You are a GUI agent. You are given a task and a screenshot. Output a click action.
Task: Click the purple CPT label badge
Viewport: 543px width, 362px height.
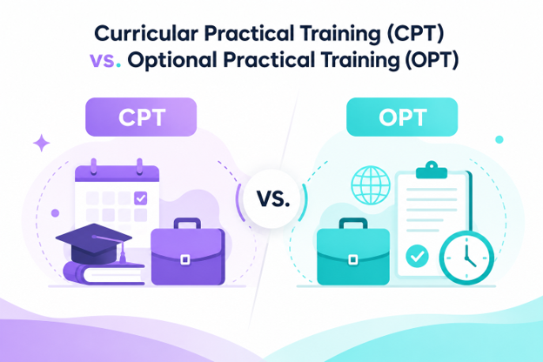[141, 117]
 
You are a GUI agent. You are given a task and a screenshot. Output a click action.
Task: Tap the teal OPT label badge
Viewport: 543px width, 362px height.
[402, 117]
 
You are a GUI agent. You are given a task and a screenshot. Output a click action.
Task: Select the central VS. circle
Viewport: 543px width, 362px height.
[272, 199]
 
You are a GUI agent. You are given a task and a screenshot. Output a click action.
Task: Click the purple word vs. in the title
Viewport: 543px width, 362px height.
[105, 59]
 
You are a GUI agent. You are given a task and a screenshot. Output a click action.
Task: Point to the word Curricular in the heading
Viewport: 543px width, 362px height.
[146, 34]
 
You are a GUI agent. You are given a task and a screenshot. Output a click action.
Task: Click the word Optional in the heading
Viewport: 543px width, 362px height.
[173, 60]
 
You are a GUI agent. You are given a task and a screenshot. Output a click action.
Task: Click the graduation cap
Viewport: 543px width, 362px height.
[94, 244]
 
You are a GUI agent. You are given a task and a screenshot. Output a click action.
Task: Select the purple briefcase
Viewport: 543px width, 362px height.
[188, 251]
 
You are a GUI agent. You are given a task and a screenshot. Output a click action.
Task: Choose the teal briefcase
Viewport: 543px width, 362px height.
[353, 251]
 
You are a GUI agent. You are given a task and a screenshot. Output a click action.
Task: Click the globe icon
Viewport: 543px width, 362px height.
[371, 185]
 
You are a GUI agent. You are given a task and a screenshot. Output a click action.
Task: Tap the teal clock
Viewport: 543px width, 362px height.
[466, 258]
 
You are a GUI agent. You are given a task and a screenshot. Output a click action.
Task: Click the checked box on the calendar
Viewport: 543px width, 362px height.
[140, 198]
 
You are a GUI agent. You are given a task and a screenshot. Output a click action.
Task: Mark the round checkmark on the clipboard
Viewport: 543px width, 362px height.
[417, 256]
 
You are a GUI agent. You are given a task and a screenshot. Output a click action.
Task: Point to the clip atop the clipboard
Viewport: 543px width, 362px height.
[432, 170]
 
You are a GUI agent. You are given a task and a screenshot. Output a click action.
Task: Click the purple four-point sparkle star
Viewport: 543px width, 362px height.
[42, 143]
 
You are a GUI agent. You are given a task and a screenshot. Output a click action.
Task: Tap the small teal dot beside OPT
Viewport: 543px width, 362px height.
[499, 139]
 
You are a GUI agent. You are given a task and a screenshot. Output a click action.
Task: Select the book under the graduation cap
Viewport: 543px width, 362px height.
[104, 273]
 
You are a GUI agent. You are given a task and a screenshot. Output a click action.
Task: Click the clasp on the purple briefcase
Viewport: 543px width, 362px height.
[185, 259]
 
